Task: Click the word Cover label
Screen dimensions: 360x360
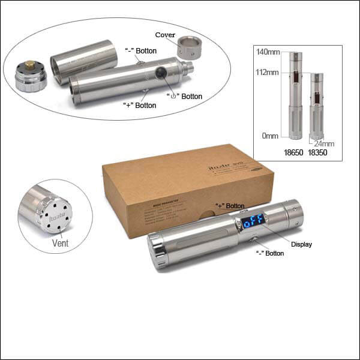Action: pyautogui.click(x=165, y=35)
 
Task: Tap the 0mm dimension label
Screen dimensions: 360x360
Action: pyautogui.click(x=271, y=136)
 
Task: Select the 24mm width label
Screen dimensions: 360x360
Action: pyautogui.click(x=324, y=143)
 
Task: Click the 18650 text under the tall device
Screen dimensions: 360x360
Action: pyautogui.click(x=294, y=153)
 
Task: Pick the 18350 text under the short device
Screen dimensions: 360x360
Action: pyautogui.click(x=319, y=153)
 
